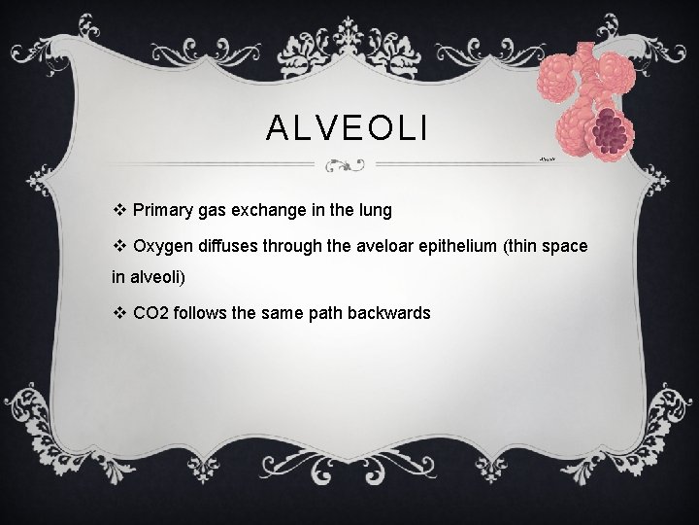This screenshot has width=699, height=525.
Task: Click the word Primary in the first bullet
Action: [162, 209]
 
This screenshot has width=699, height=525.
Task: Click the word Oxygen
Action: [162, 246]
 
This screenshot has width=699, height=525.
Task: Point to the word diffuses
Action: [227, 246]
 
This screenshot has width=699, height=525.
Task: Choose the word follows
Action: [199, 313]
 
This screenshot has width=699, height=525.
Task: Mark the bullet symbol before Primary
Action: [119, 209]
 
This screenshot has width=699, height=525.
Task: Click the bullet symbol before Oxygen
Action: [119, 246]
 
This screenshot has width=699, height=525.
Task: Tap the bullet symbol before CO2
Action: [119, 313]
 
